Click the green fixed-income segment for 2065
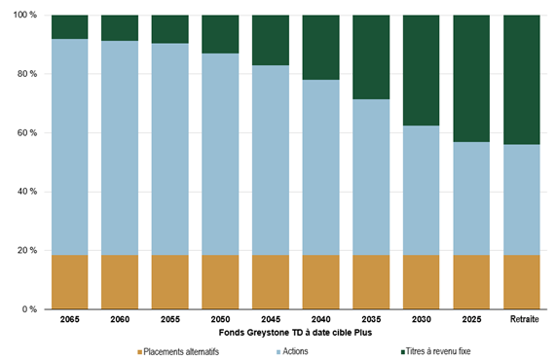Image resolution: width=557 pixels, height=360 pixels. tap(70, 27)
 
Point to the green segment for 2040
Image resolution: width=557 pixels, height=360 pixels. tap(320, 48)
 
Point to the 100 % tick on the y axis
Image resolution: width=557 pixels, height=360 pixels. tap(25, 16)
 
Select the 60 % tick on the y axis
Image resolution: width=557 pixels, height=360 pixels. tap(27, 133)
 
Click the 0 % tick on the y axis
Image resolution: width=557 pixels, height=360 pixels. tap(31, 309)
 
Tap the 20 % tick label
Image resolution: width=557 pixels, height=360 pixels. tap(27, 251)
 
